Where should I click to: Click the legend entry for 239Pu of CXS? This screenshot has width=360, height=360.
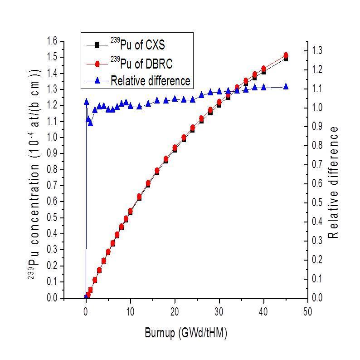pyautogui.click(x=138, y=45)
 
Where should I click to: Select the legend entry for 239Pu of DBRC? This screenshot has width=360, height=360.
pyautogui.click(x=141, y=63)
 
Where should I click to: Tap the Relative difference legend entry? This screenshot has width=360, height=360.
pyautogui.click(x=150, y=81)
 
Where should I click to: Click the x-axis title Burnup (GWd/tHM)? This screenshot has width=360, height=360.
pyautogui.click(x=186, y=333)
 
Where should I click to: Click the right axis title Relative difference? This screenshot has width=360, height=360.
pyautogui.click(x=334, y=182)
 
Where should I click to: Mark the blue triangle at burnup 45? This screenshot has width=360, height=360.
pyautogui.click(x=286, y=86)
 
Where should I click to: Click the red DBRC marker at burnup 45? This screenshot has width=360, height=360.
pyautogui.click(x=286, y=55)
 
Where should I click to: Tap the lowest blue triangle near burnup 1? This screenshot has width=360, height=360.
pyautogui.click(x=90, y=123)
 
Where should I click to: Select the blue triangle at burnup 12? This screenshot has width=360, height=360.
pyautogui.click(x=139, y=106)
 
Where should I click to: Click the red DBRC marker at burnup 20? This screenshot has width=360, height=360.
pyautogui.click(x=175, y=148)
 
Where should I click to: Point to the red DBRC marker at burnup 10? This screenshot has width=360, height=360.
pyautogui.click(x=130, y=211)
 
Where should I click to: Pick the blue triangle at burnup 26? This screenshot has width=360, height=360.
pyautogui.click(x=201, y=95)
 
